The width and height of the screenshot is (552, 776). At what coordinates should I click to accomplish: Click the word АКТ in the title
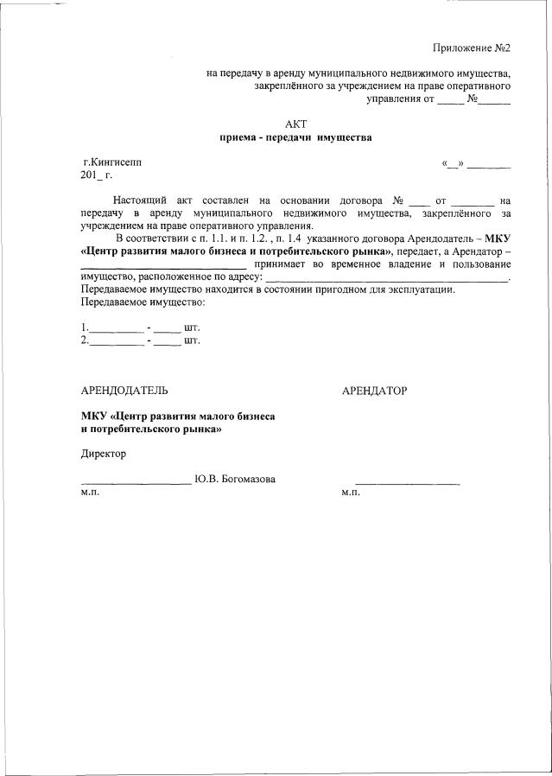point(295,124)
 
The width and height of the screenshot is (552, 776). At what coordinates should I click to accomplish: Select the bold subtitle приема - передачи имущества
point(295,137)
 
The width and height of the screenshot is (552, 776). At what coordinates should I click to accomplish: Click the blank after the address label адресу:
point(385,277)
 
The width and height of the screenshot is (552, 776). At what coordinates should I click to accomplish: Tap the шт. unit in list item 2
point(192,340)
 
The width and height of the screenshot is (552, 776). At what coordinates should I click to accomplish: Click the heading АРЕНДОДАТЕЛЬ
point(118,391)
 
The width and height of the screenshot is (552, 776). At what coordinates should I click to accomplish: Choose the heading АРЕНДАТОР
point(374,391)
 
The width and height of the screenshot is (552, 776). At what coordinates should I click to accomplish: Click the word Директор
point(103,453)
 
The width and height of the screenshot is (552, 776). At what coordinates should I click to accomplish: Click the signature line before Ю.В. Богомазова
point(136,482)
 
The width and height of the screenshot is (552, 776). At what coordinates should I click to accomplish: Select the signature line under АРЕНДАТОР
point(407,482)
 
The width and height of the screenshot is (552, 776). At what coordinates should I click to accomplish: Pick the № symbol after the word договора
point(397,200)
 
